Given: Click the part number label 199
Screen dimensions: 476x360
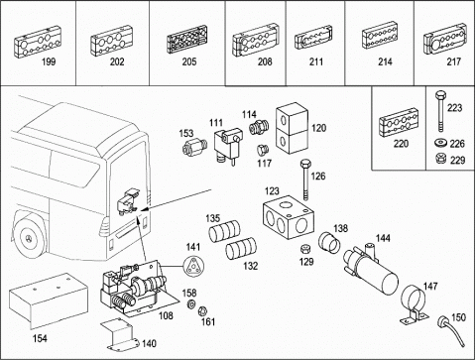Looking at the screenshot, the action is tap(49, 61).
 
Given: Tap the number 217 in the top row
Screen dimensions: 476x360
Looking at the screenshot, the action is tap(453, 61).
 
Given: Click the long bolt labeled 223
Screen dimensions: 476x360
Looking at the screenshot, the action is tap(440, 111).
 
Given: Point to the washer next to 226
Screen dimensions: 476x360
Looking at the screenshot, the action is tap(440, 143).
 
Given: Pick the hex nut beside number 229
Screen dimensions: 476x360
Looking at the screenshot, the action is tap(440, 159).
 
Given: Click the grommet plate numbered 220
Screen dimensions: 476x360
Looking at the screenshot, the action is tap(399, 122).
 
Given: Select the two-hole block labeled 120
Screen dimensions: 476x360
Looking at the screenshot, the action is tap(293, 128).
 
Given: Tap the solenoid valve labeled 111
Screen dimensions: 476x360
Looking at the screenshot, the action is tap(227, 146).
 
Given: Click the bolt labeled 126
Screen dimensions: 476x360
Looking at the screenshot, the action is tap(304, 180).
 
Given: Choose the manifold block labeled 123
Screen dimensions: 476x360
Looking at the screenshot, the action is tap(289, 217).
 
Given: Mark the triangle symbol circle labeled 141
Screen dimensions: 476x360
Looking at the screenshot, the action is tap(193, 266).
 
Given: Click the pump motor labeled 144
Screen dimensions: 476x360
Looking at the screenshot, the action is tap(371, 269).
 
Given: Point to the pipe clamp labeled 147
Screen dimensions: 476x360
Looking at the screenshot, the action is tap(414, 304).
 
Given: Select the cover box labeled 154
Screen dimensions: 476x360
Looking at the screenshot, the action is tap(49, 300).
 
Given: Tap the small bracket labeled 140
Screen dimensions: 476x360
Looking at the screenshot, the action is tap(120, 334).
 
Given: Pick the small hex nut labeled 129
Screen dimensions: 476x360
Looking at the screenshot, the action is tap(304, 249).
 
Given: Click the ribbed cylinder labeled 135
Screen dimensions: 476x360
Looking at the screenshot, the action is tap(224, 230).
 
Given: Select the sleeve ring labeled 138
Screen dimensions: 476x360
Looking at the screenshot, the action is tap(329, 243).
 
